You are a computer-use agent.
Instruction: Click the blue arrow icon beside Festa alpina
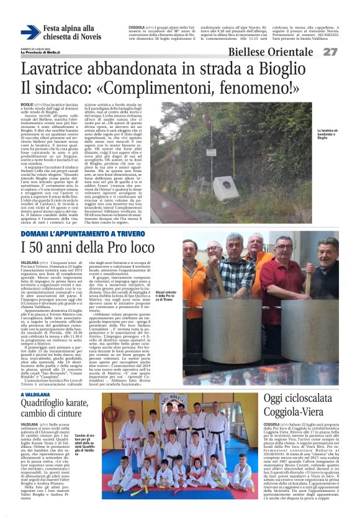pos(30,32)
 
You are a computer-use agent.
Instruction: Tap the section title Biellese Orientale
pos(281,52)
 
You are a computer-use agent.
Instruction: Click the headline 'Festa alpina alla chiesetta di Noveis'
pos(69,33)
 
